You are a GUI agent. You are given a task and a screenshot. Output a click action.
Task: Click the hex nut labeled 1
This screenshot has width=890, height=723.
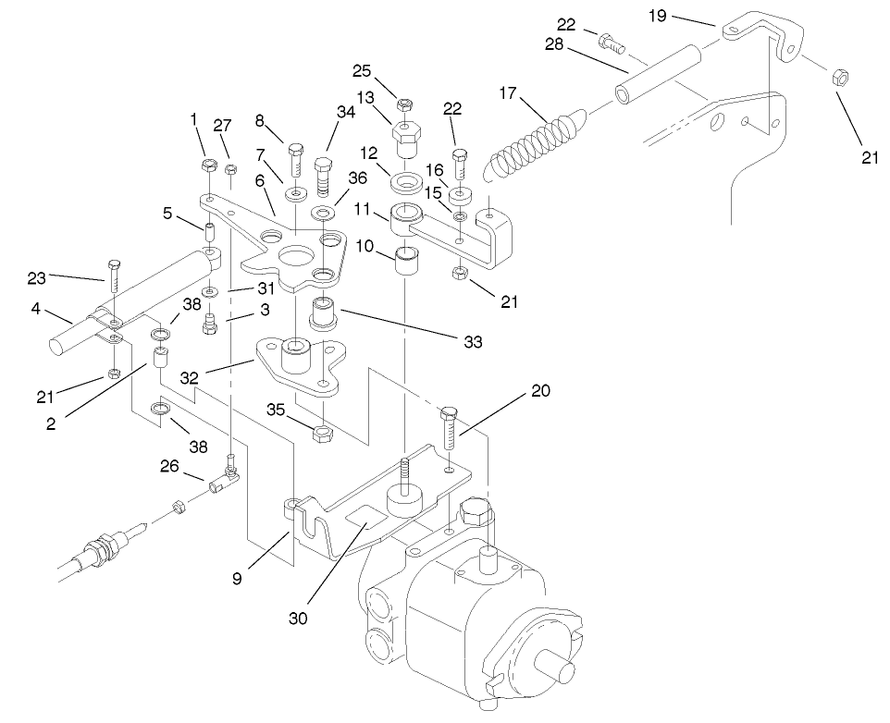pos(208,167)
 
